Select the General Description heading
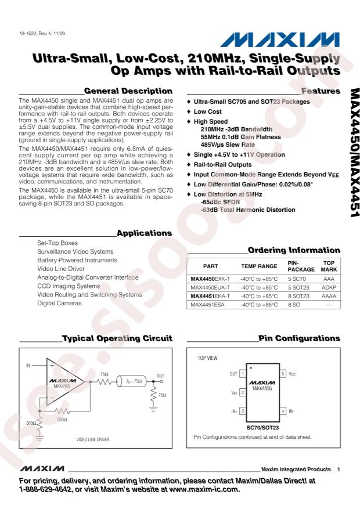tap(128, 91)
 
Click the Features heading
tap(321, 91)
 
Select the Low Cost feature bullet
tap(207, 110)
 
